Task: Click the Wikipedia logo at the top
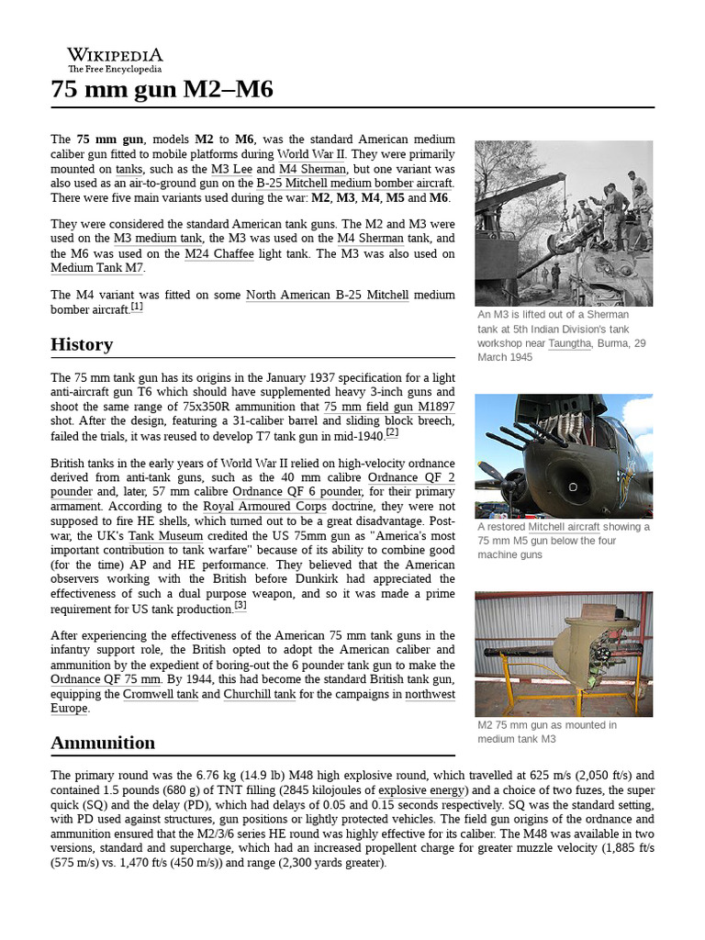pos(115,60)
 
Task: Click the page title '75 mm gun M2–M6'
pos(162,90)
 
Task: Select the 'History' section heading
pos(82,344)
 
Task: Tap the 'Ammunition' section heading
pos(103,742)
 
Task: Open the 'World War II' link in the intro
pos(310,153)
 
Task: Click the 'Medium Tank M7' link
pos(97,268)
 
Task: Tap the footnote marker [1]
pos(137,308)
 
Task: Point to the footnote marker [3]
pos(241,606)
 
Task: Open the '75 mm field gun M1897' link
pos(388,406)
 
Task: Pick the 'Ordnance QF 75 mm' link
pos(106,679)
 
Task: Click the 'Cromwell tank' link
pos(160,694)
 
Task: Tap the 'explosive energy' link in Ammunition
pos(423,789)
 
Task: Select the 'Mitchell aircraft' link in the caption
pos(565,527)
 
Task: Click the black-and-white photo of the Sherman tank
pos(564,223)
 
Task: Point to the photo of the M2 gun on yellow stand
pos(564,654)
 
